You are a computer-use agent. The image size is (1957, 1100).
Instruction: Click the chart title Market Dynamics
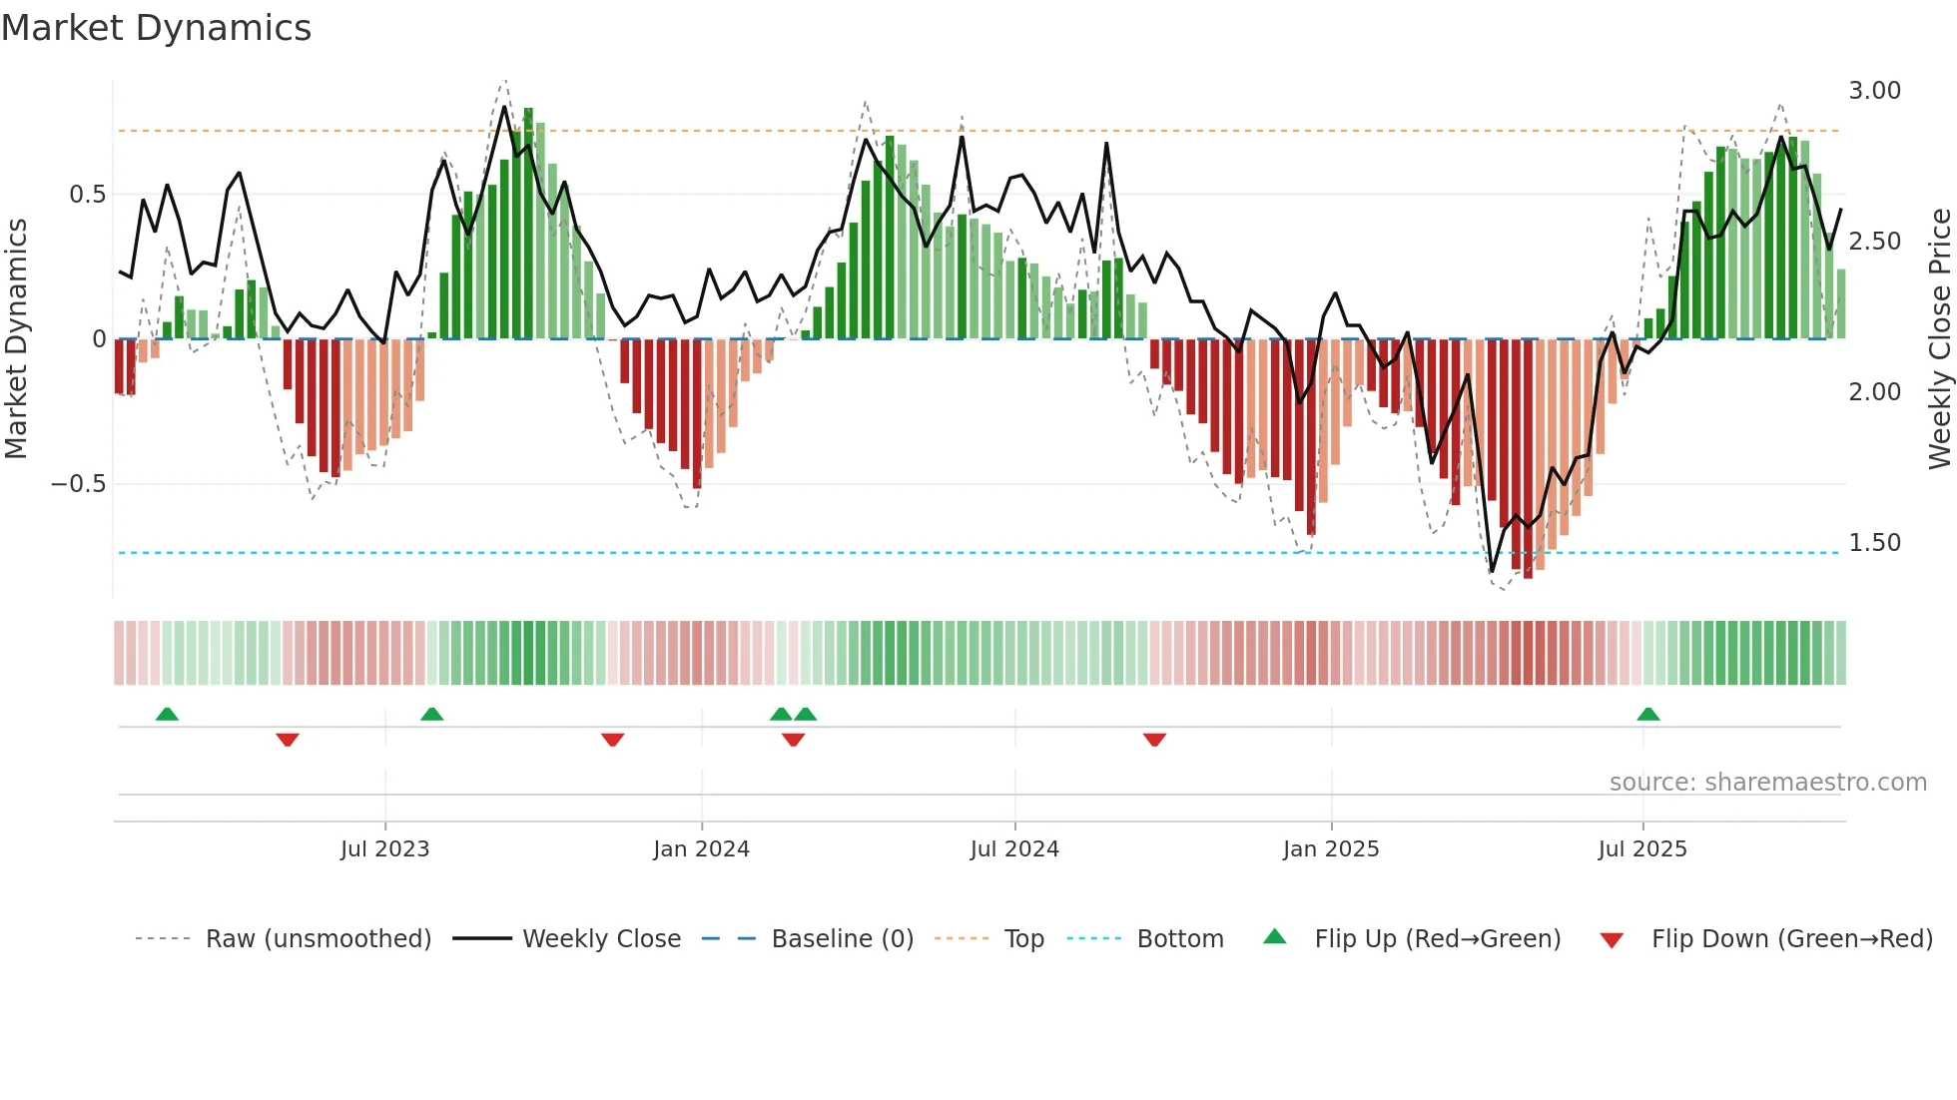[x=156, y=28]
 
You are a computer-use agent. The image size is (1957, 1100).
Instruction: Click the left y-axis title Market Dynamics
[x=17, y=338]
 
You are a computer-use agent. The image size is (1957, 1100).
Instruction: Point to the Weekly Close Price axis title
[x=1939, y=338]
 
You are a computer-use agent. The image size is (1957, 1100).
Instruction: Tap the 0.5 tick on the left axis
[x=87, y=195]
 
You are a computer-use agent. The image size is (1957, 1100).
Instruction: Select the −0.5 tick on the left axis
[x=79, y=484]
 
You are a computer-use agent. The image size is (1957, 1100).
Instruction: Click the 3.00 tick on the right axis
[x=1874, y=91]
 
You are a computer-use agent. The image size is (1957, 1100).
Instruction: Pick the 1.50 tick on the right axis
[x=1874, y=543]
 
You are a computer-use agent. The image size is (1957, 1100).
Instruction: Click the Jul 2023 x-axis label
[x=384, y=849]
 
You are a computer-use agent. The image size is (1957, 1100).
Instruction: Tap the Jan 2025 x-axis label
[x=1330, y=849]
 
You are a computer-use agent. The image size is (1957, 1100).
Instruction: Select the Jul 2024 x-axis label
[x=1013, y=849]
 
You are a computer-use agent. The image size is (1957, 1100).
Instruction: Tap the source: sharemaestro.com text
[x=1767, y=783]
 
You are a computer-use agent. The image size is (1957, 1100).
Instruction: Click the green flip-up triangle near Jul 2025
[x=1648, y=715]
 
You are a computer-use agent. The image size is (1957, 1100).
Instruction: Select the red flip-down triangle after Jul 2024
[x=1154, y=740]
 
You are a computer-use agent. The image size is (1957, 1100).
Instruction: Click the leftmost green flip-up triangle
[x=167, y=715]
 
